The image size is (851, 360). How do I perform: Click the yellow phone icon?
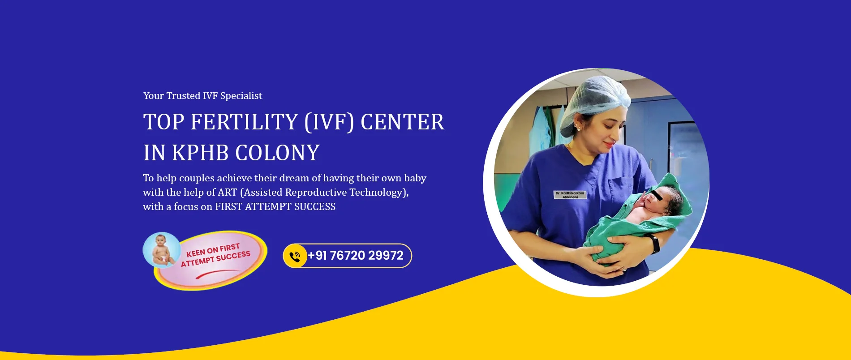pos(295,256)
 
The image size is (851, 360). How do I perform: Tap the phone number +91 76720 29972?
pos(356,256)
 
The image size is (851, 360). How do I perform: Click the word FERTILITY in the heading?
pos(245,122)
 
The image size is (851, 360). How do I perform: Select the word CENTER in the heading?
pos(402,122)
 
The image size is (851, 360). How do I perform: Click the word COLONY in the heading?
pos(278,153)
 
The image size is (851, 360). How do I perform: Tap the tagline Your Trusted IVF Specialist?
pos(202,96)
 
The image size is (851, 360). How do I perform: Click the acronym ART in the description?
pos(227,193)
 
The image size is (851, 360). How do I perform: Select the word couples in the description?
pos(197,178)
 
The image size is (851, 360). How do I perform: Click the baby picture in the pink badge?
pos(162,249)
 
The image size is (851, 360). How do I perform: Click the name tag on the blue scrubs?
pos(570,195)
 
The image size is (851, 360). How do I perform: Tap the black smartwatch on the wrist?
pos(653,244)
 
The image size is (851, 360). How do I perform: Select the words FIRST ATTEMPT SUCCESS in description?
pos(275,207)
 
